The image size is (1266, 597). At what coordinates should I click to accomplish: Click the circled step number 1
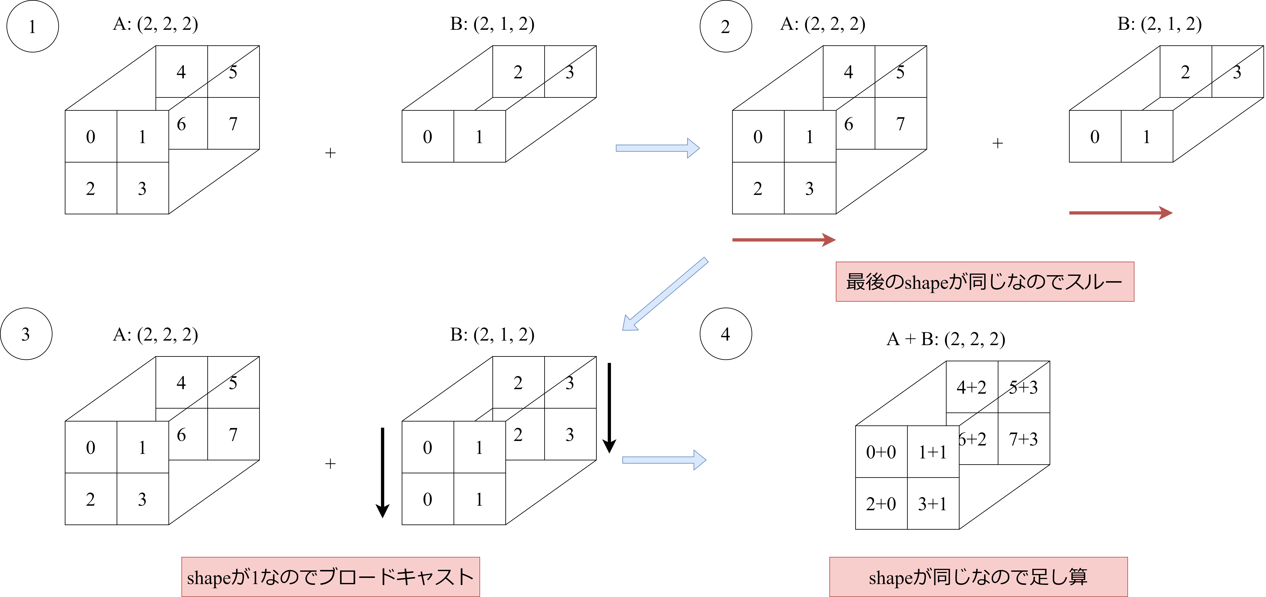click(x=32, y=27)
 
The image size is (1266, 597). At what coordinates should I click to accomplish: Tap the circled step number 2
click(x=725, y=27)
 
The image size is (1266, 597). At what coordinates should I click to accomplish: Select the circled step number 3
click(x=26, y=334)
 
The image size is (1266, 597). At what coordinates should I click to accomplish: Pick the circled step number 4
click(x=725, y=334)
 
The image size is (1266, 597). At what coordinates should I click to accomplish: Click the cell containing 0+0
click(x=881, y=452)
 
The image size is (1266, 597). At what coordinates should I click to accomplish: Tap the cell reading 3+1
click(x=932, y=504)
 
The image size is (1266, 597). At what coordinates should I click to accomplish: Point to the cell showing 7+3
click(x=1023, y=439)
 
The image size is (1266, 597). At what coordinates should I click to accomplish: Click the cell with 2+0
click(x=881, y=504)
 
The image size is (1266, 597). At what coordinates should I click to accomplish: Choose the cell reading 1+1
click(x=932, y=452)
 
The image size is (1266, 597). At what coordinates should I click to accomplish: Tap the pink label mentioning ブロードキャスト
click(x=330, y=577)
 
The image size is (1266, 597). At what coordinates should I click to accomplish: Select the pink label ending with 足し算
click(x=978, y=577)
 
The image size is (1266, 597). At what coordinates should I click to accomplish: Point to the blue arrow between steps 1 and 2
click(x=657, y=148)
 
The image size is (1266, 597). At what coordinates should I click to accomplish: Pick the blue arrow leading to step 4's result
click(x=663, y=460)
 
